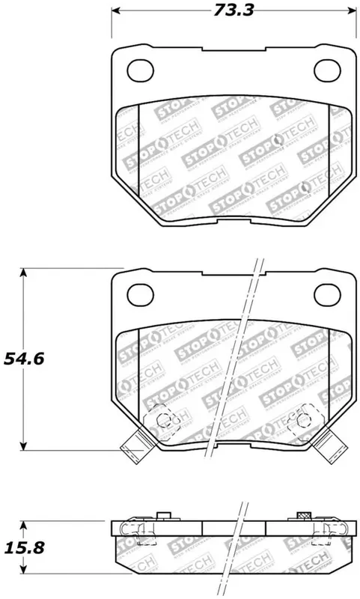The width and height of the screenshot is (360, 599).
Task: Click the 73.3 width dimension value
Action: tap(231, 11)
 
